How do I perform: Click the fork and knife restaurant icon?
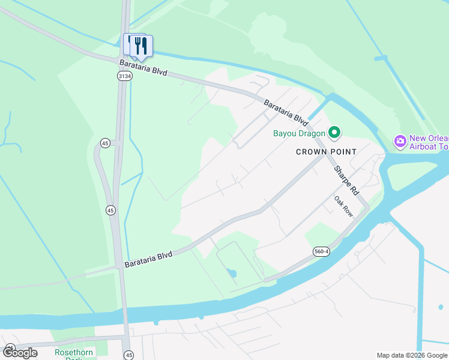click(x=142, y=45)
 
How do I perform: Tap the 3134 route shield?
click(x=124, y=76)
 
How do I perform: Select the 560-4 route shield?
click(x=321, y=251)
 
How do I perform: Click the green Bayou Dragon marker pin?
click(x=335, y=133)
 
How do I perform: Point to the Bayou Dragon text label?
click(x=299, y=133)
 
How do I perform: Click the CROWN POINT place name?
click(x=326, y=152)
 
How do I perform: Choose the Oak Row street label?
click(x=343, y=206)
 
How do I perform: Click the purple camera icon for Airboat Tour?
click(x=400, y=142)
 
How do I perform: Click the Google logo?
click(x=20, y=353)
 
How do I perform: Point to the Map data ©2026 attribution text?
click(x=412, y=355)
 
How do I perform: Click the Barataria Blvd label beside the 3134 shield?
click(x=143, y=67)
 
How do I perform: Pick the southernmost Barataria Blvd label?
click(x=148, y=259)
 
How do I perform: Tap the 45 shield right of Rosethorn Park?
click(x=128, y=355)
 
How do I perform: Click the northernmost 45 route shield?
click(x=105, y=143)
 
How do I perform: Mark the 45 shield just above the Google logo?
click(x=10, y=347)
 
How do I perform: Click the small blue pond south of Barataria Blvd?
click(x=232, y=274)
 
